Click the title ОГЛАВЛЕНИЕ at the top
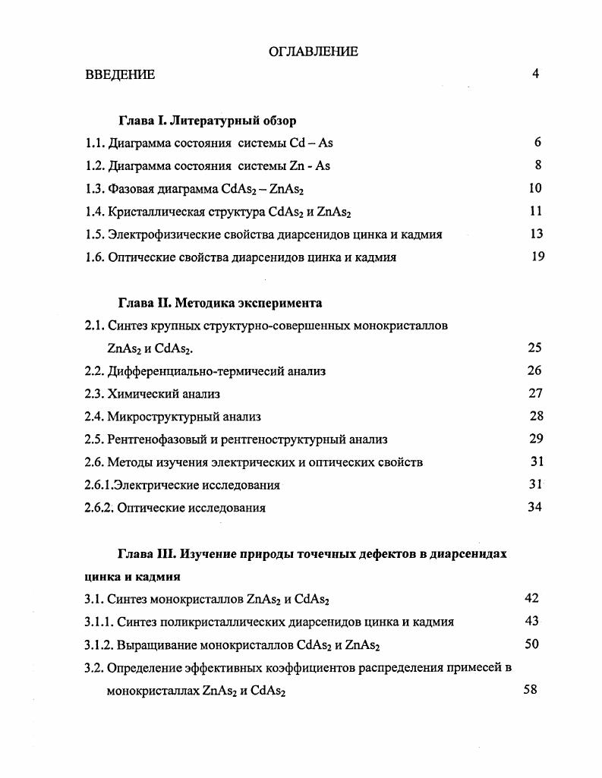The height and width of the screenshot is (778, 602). [314, 52]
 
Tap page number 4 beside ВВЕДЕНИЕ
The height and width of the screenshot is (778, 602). [535, 74]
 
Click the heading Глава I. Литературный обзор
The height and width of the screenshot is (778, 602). [207, 120]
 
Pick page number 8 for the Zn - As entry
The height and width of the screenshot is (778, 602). [537, 165]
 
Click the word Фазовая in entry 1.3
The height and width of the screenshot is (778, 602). [131, 188]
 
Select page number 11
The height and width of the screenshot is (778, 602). [536, 211]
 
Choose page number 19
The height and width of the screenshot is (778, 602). [537, 257]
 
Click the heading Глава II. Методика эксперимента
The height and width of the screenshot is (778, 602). [220, 303]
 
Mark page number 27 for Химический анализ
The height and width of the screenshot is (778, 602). [535, 393]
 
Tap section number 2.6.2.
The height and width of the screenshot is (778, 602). [99, 508]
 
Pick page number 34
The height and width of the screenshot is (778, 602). [535, 507]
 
